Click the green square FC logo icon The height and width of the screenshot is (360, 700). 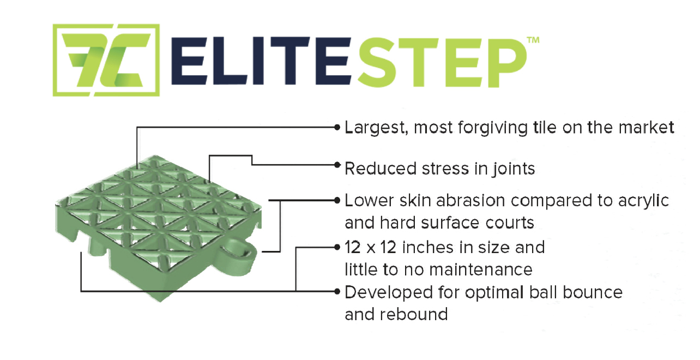click(106, 60)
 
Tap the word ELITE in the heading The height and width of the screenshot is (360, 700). click(261, 61)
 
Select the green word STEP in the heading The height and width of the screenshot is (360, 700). click(442, 62)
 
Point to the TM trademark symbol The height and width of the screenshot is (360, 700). click(533, 40)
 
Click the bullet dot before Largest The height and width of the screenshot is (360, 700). click(337, 127)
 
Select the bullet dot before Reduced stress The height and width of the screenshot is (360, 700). click(337, 165)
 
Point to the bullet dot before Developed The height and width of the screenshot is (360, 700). click(337, 291)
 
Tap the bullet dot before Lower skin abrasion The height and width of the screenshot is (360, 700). click(337, 200)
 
